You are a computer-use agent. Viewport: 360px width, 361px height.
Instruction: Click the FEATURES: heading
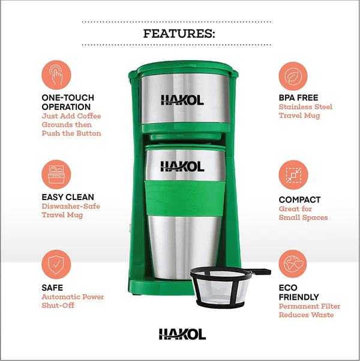[x=179, y=34]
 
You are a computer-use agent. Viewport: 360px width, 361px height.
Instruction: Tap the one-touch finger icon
[x=56, y=75]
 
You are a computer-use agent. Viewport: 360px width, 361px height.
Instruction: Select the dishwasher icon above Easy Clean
[x=56, y=175]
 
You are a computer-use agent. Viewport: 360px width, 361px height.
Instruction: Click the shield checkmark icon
[x=56, y=264]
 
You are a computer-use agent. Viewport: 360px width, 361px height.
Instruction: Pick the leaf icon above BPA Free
[x=293, y=76]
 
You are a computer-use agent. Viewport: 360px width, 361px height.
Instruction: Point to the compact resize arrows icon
[x=293, y=175]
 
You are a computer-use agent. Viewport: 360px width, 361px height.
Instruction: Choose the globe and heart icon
[x=293, y=264]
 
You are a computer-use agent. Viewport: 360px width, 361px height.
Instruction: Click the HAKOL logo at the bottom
[x=182, y=334]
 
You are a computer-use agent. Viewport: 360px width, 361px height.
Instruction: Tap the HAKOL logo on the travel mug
[x=182, y=166]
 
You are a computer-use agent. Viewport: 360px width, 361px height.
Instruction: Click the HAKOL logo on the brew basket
[x=182, y=100]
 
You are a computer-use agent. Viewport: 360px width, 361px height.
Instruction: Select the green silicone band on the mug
[x=185, y=198]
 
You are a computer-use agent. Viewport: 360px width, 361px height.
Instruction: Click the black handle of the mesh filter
[x=261, y=272]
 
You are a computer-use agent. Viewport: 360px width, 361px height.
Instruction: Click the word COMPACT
[x=299, y=200]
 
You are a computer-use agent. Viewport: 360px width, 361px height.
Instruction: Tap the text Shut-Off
[x=58, y=306]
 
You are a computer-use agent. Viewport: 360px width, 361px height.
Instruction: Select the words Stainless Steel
[x=305, y=107]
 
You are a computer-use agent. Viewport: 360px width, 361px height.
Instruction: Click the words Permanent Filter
[x=310, y=306]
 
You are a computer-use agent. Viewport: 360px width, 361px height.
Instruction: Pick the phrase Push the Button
[x=71, y=133]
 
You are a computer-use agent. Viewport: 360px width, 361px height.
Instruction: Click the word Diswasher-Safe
[x=71, y=206]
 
